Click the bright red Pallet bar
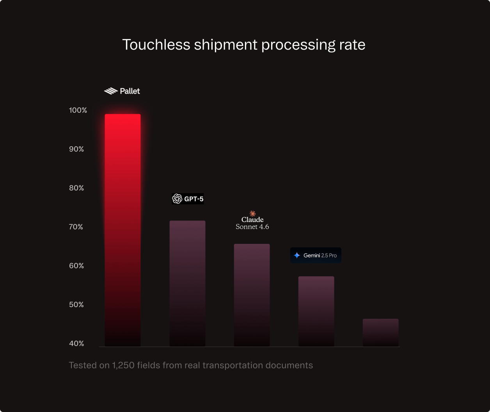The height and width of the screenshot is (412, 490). tap(123, 230)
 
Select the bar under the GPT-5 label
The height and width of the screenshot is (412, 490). tap(187, 283)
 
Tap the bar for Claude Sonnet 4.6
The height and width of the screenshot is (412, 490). tap(252, 295)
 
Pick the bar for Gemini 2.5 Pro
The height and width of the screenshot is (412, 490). tap(316, 311)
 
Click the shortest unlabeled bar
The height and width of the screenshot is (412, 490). tap(380, 332)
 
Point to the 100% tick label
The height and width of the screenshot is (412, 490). tap(78, 110)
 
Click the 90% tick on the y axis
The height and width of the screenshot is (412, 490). tap(76, 149)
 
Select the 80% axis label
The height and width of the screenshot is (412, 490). tap(76, 188)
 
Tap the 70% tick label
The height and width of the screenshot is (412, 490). tap(76, 227)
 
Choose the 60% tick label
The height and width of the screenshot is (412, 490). tap(76, 266)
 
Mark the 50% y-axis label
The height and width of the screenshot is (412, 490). tap(76, 305)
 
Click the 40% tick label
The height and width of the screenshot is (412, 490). tap(76, 343)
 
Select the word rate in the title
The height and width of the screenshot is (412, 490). tap(352, 45)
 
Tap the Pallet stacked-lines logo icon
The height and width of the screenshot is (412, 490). tap(111, 91)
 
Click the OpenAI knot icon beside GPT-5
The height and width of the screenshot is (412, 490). tap(177, 199)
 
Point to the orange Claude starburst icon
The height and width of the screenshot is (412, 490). tap(252, 213)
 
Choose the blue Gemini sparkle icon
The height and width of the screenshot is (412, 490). tap(297, 255)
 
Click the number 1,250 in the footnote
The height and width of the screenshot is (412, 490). tap(123, 366)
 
